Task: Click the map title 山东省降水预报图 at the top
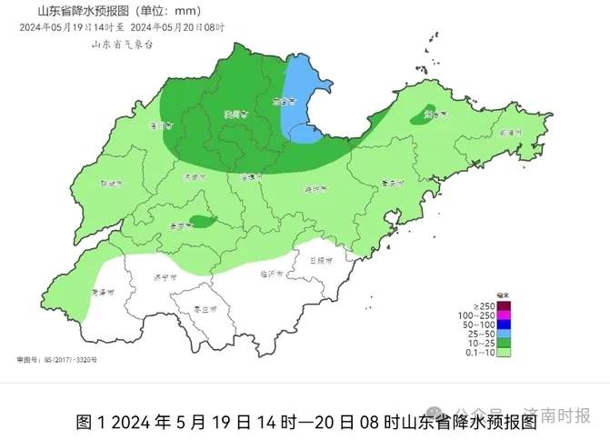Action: click(91, 12)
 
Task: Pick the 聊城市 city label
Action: click(111, 183)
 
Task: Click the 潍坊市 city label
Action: click(315, 189)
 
